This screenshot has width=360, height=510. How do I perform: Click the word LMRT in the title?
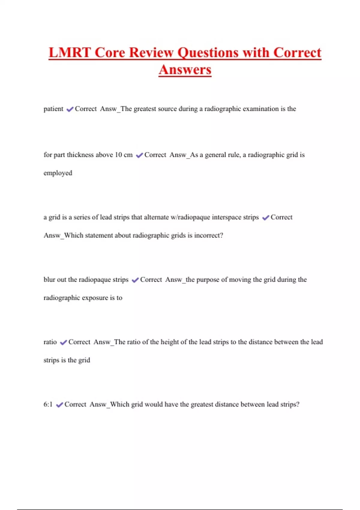(70, 53)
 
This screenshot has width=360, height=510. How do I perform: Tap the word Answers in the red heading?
(185, 70)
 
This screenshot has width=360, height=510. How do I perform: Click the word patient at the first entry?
(53, 109)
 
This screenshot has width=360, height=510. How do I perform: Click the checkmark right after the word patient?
(70, 109)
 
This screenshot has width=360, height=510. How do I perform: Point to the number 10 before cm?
(118, 155)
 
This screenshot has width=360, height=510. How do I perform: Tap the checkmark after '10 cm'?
(139, 155)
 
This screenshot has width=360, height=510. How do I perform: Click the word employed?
(58, 173)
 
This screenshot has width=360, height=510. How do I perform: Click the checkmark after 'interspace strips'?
(265, 218)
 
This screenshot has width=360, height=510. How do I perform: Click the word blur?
(49, 280)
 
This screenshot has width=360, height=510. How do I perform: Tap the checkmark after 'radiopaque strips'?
(135, 280)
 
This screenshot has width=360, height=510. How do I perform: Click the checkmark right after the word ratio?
(63, 343)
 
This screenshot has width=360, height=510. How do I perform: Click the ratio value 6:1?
(48, 404)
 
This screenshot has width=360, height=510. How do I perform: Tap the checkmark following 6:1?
(59, 405)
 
